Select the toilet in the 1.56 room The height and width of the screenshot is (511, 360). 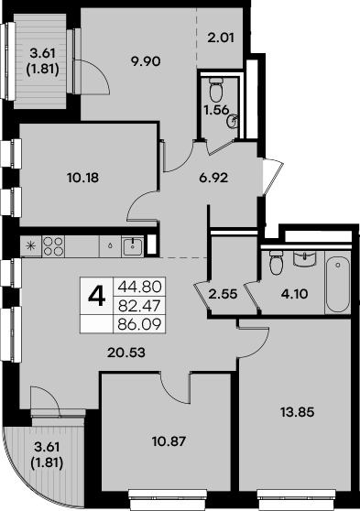[x=215, y=89]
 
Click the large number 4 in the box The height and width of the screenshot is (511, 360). [x=95, y=299]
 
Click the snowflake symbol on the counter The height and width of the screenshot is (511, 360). [x=30, y=245]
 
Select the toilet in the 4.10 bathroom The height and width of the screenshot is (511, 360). [x=275, y=264]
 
